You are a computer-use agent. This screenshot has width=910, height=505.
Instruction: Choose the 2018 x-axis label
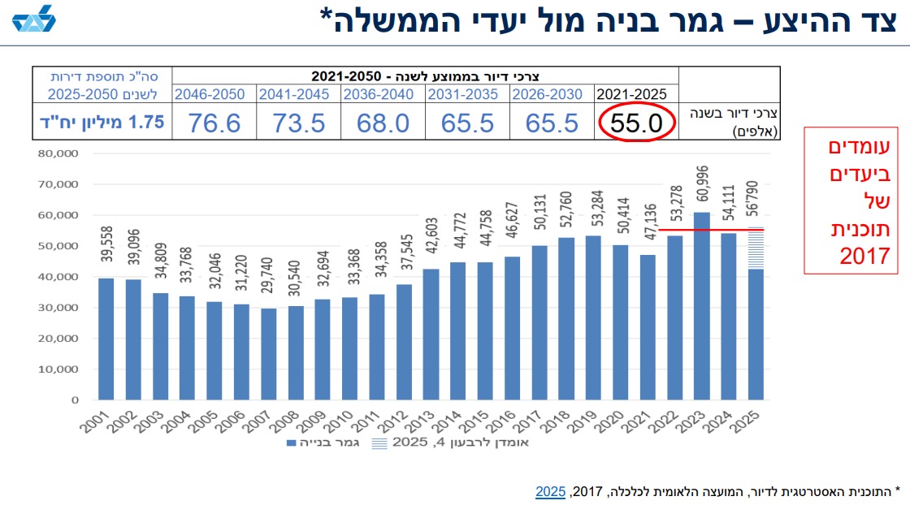tap(566, 422)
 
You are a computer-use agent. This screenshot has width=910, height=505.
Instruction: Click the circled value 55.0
tap(637, 123)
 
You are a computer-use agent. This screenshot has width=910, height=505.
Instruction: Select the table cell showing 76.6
tap(214, 123)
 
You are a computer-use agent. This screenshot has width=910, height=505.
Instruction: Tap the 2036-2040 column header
tap(380, 93)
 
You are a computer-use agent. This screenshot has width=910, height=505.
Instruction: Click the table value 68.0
tap(380, 123)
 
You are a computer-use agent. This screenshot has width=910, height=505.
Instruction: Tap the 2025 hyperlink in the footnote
tap(550, 491)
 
